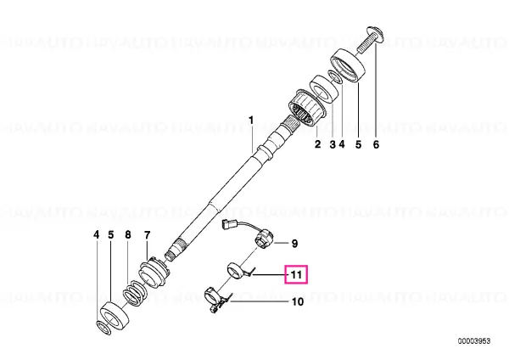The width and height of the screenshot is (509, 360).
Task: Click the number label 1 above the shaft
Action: (251, 121)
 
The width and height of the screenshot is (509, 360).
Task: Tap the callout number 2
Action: (317, 144)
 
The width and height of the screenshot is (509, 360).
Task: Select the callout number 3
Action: (333, 144)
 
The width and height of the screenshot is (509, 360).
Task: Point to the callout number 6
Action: (376, 144)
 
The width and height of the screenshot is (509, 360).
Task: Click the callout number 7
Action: (148, 234)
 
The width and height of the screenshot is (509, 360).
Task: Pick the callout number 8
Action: (128, 234)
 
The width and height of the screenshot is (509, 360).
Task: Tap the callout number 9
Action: (294, 244)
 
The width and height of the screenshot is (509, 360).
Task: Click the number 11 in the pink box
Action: (296, 275)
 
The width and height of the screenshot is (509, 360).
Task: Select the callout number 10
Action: (298, 302)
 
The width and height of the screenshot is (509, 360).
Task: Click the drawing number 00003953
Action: (474, 341)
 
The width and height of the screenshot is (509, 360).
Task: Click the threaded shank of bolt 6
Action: (364, 45)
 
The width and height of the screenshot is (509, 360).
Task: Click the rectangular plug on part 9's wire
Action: (228, 225)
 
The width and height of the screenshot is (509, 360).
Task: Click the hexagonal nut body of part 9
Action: (264, 239)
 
